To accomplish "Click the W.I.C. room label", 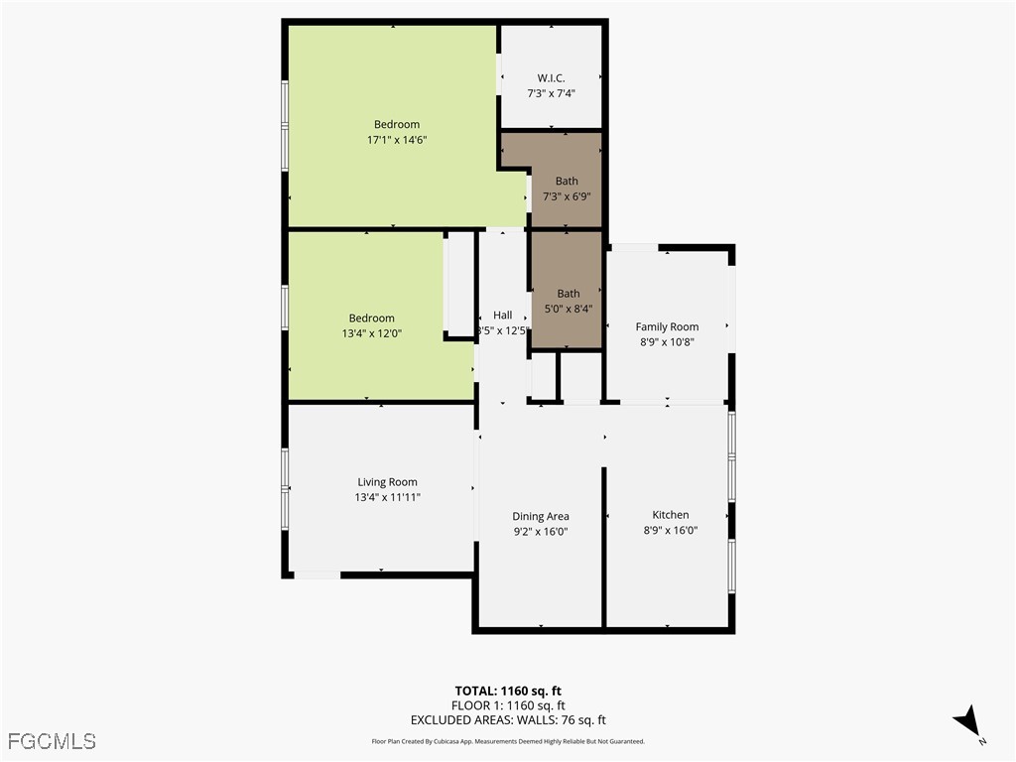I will point(551,77).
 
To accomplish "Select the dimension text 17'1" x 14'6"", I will point(397,141).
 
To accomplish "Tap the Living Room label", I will point(387,482).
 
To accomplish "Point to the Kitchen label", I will point(670,515).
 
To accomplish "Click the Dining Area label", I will point(541,516).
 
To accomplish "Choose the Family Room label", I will point(667,326).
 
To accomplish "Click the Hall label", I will point(503,316).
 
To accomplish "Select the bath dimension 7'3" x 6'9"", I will point(567,196).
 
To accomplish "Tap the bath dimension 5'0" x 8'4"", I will point(568,309).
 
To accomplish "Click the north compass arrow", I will point(967,721).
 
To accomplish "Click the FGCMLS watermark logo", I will point(52,740).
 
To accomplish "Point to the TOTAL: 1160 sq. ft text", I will point(508,691).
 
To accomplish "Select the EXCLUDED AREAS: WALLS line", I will point(508,720).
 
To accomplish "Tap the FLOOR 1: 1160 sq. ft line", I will point(508,705).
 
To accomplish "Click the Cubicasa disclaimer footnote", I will point(508,741).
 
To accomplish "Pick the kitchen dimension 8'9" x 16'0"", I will point(670,531).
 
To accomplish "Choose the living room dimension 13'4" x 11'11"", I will point(387,498).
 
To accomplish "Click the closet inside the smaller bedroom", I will point(459,286).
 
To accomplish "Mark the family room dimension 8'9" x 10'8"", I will point(667,342).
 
